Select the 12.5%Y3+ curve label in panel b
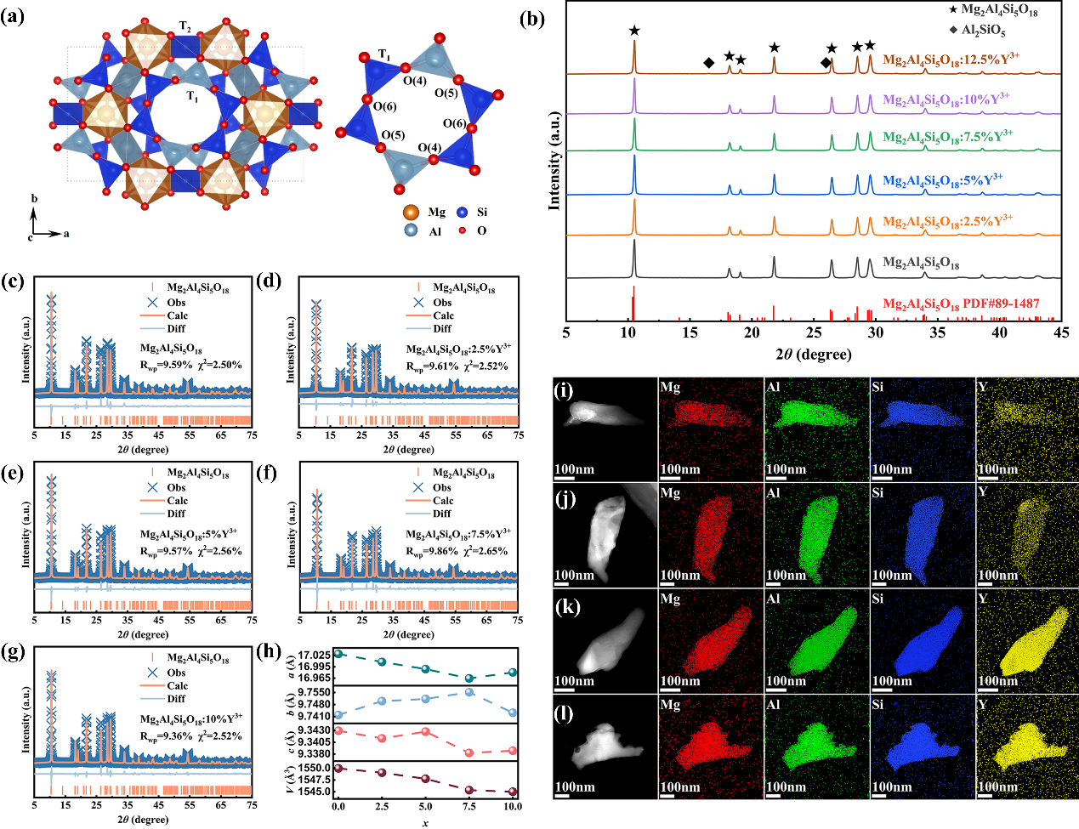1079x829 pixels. (x=951, y=60)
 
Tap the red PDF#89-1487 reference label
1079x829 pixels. (x=961, y=304)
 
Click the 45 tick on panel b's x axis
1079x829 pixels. (x=1060, y=333)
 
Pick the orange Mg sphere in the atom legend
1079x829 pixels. (x=411, y=213)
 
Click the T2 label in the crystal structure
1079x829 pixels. (x=185, y=27)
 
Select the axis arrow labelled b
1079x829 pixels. (x=34, y=199)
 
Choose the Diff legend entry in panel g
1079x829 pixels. (x=176, y=699)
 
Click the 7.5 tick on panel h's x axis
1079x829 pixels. (x=469, y=806)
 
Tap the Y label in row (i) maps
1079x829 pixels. (x=984, y=388)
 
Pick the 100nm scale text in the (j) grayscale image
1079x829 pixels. (x=574, y=576)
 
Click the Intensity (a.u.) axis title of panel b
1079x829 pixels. (x=555, y=160)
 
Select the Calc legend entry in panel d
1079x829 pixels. (x=444, y=315)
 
